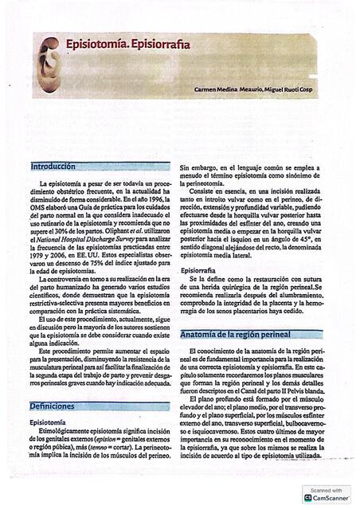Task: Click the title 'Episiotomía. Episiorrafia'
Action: (x=127, y=45)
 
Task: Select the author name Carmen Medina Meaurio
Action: (x=228, y=89)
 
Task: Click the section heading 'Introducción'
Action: (x=53, y=167)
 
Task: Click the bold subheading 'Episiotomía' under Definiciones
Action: (x=53, y=422)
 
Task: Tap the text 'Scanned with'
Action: (x=327, y=489)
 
